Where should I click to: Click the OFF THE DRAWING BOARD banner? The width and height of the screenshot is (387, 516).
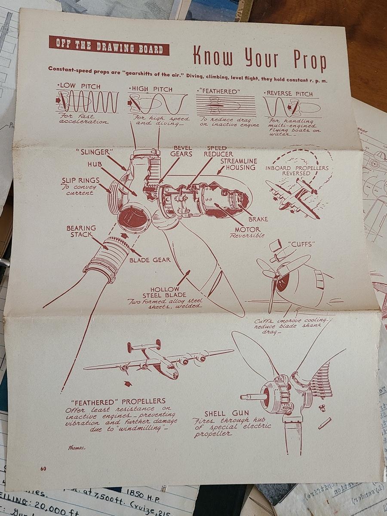109,46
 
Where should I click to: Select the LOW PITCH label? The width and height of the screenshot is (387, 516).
79,86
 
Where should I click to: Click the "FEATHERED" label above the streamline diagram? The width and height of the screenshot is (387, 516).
218,92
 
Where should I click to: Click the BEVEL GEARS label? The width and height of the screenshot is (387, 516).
181,151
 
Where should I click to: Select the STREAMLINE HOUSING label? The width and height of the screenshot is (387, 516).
239,164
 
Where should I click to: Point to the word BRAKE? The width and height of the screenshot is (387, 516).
258,219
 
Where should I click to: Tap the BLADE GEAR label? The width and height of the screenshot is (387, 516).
150,260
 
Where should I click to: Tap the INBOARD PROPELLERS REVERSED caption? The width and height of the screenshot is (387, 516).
297,171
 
